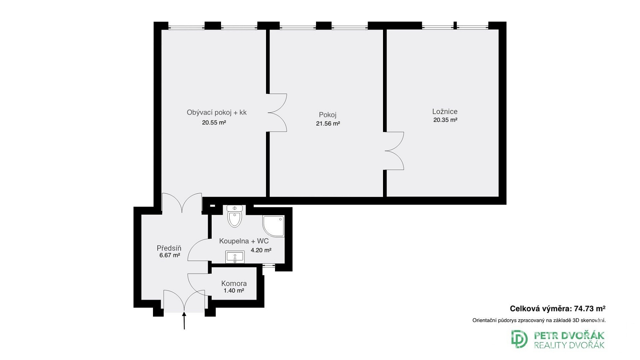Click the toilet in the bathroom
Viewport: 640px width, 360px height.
(235, 216)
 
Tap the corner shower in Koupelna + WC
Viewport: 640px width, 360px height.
(274, 226)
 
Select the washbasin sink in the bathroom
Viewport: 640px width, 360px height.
(235, 257)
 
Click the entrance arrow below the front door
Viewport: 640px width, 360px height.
(184, 321)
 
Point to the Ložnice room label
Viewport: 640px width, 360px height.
(445, 112)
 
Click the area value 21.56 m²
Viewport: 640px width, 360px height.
(328, 123)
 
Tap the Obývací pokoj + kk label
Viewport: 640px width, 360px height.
(217, 112)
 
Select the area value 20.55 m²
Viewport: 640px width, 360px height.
(214, 122)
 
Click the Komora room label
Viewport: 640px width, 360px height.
(234, 283)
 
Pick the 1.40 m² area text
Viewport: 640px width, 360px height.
(234, 291)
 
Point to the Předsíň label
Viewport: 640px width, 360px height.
(169, 248)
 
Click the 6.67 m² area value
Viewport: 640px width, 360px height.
(170, 255)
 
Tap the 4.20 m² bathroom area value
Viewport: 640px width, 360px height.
(261, 250)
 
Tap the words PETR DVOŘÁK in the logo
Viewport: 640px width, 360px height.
(569, 336)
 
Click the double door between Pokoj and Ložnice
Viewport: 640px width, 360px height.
(394, 151)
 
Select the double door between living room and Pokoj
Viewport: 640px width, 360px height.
(277, 113)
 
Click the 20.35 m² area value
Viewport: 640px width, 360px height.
(445, 120)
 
